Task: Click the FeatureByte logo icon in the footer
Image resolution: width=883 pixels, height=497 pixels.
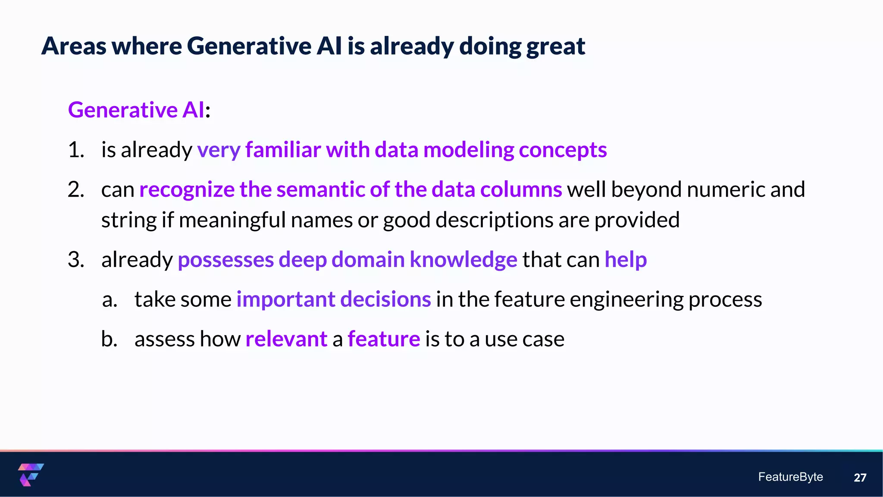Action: pyautogui.click(x=31, y=475)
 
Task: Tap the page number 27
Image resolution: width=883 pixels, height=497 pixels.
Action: pyautogui.click(x=860, y=478)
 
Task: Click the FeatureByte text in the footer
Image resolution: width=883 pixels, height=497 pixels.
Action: pyautogui.click(x=790, y=477)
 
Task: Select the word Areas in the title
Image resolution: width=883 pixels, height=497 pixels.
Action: pyautogui.click(x=74, y=46)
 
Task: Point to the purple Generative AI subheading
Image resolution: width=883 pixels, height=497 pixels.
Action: pyautogui.click(x=136, y=110)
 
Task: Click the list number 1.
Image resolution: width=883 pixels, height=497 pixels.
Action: pyautogui.click(x=76, y=150)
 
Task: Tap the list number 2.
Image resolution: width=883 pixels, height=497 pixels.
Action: pyautogui.click(x=76, y=190)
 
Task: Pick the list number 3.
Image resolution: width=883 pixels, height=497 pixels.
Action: pyautogui.click(x=76, y=260)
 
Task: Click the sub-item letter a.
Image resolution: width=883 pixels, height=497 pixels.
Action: pyautogui.click(x=110, y=299)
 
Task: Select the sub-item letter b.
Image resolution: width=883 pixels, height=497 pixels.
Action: pyautogui.click(x=109, y=339)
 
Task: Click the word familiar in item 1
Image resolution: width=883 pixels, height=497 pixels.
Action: pyautogui.click(x=283, y=150)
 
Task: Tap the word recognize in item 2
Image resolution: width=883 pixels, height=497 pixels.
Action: pyautogui.click(x=187, y=190)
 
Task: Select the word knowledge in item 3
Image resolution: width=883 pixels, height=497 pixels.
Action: pyautogui.click(x=463, y=260)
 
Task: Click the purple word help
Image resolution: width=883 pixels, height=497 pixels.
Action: pyautogui.click(x=626, y=260)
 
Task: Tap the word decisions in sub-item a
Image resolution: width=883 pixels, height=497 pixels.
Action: pyautogui.click(x=385, y=299)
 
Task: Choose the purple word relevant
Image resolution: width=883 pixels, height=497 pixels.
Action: pyautogui.click(x=286, y=339)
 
